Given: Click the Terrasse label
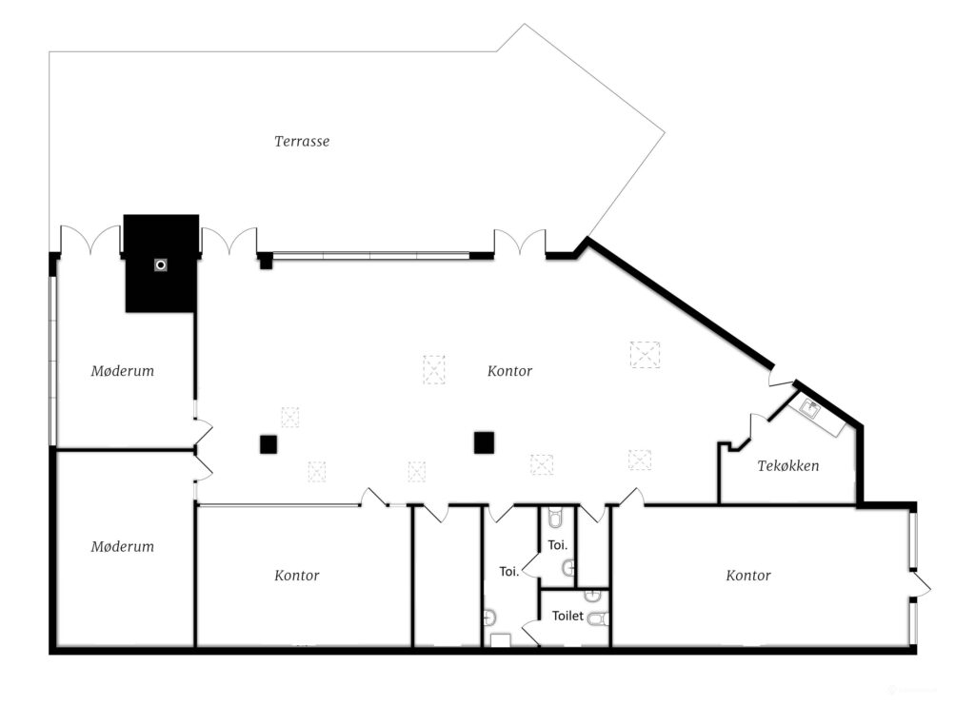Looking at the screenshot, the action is point(302,142).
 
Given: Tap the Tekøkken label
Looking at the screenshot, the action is point(787,466).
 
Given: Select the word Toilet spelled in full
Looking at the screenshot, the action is point(567,616).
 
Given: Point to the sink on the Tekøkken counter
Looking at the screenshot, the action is point(809,408).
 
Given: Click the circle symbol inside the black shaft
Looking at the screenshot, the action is point(161,265).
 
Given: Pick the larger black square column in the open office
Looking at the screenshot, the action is point(484,442).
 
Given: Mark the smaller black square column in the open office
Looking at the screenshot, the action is point(268,444).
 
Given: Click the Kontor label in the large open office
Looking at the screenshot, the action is point(509,371).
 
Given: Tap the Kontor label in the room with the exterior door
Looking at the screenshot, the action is point(748,576).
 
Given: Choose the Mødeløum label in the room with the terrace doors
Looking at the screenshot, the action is point(123,371).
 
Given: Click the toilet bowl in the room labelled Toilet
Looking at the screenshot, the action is point(600,618).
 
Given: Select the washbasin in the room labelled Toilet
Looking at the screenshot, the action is point(592,596).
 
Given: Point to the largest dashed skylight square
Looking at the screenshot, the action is point(645,355).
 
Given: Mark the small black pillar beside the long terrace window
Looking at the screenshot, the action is point(266,262).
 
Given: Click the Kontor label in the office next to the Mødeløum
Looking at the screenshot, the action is point(297,576).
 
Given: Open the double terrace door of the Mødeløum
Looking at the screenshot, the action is point(90,241).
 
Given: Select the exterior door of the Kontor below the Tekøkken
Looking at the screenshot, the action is point(920,584).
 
